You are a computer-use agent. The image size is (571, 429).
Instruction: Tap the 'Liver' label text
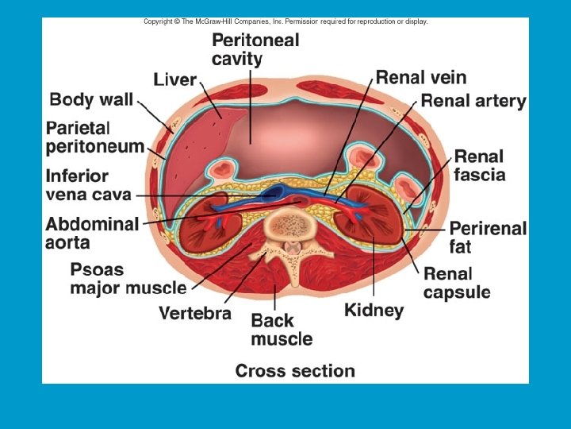[174, 79]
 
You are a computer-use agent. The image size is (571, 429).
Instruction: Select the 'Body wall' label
[91, 100]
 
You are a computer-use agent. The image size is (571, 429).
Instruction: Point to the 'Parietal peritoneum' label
[94, 137]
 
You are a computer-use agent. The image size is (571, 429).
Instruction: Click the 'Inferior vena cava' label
[88, 185]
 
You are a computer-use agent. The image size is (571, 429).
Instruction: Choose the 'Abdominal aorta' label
[91, 233]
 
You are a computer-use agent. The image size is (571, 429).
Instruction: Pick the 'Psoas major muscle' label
[128, 278]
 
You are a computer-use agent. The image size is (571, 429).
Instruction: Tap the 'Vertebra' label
[195, 312]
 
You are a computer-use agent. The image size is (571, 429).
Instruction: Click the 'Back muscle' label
[282, 330]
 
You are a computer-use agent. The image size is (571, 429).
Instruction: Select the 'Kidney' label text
[374, 309]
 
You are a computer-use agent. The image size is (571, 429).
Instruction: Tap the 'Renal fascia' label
[479, 165]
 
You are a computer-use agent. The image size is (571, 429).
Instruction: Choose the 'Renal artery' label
[473, 101]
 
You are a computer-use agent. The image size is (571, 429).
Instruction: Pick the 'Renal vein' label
[420, 77]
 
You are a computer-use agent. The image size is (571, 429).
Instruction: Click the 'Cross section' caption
[295, 370]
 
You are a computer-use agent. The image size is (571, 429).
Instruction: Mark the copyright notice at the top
[285, 21]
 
